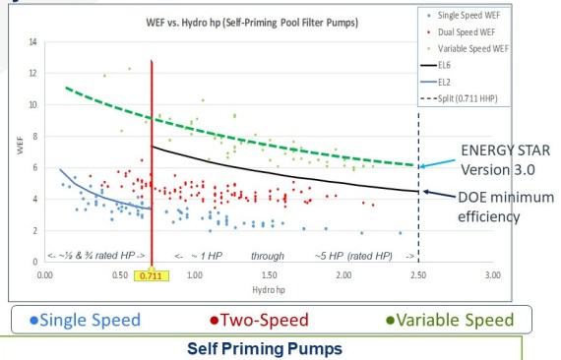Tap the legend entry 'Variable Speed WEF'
click(477, 47)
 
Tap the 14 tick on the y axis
click(32, 42)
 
